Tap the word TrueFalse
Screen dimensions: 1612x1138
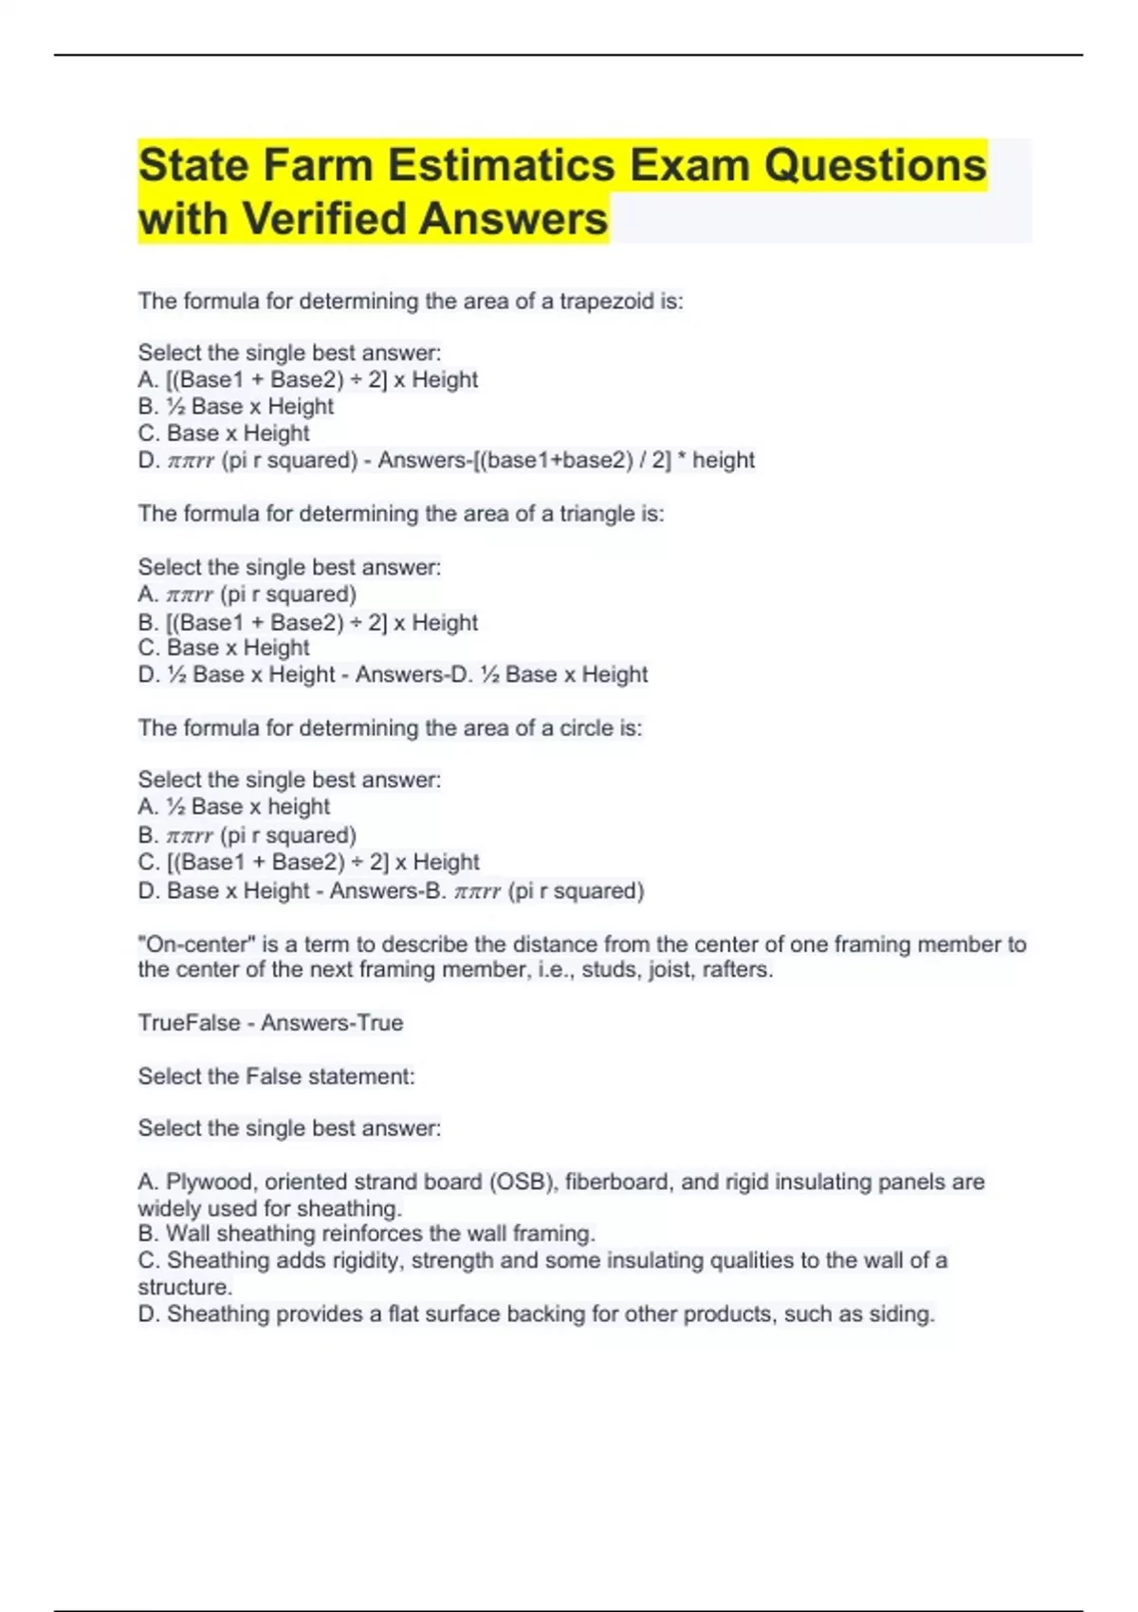[189, 1022]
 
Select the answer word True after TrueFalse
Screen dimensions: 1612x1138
[379, 1022]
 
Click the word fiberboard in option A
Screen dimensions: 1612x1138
[618, 1182]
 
